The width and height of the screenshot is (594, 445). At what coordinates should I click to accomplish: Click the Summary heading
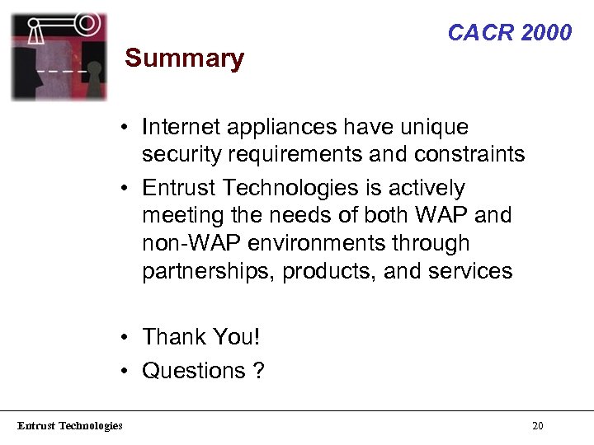184,59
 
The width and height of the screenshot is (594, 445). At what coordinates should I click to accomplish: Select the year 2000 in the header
547,33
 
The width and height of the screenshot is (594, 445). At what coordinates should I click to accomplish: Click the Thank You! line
200,337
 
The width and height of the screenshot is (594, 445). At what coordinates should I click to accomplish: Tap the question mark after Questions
259,371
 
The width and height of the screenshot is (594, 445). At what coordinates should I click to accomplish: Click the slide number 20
538,426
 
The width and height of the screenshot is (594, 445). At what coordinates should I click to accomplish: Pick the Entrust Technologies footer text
70,426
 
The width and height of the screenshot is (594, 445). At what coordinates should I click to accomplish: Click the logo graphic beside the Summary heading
59,56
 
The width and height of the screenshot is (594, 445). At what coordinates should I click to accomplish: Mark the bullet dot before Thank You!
122,338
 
